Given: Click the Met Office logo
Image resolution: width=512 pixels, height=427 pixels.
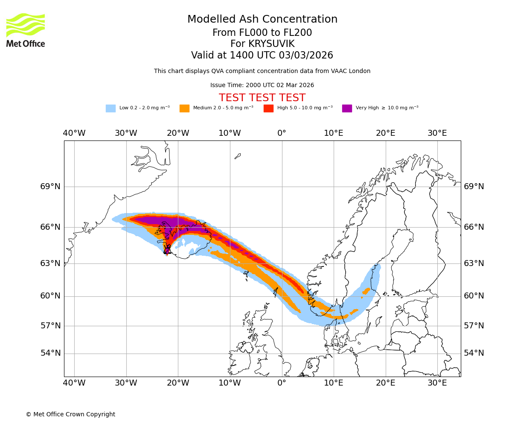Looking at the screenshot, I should pyautogui.click(x=26, y=30).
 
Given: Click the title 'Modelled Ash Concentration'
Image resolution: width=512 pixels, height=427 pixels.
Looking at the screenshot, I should pyautogui.click(x=262, y=20).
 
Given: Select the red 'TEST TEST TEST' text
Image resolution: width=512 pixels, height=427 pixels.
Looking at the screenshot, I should pyautogui.click(x=262, y=98).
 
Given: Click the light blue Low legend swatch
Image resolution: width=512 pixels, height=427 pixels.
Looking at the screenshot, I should pyautogui.click(x=111, y=108).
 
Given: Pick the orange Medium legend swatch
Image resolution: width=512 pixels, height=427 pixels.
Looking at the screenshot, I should pyautogui.click(x=184, y=108).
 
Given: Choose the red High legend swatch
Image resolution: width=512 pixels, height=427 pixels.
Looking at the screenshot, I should pyautogui.click(x=268, y=108).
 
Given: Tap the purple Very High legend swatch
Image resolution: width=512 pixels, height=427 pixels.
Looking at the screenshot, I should pyautogui.click(x=347, y=108).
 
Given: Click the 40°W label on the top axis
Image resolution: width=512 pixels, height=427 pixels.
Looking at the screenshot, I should pyautogui.click(x=74, y=133).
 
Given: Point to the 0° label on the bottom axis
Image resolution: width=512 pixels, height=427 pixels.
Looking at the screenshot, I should pyautogui.click(x=282, y=383).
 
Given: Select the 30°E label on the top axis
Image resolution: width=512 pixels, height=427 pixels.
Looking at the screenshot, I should pyautogui.click(x=437, y=133).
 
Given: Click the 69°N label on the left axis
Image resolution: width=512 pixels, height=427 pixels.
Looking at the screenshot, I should pyautogui.click(x=50, y=187).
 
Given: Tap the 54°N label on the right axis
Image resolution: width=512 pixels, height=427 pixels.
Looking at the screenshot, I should pyautogui.click(x=474, y=353).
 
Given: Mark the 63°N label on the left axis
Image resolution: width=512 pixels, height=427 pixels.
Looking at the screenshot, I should pyautogui.click(x=50, y=263).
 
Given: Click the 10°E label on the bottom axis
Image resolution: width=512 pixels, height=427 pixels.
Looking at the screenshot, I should pyautogui.click(x=334, y=383).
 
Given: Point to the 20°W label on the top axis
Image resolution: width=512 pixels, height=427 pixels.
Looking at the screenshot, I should pyautogui.click(x=178, y=133).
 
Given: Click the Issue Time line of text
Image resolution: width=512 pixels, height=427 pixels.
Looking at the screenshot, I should pyautogui.click(x=262, y=85).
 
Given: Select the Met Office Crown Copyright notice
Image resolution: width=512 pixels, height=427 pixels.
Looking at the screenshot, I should pyautogui.click(x=70, y=414).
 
